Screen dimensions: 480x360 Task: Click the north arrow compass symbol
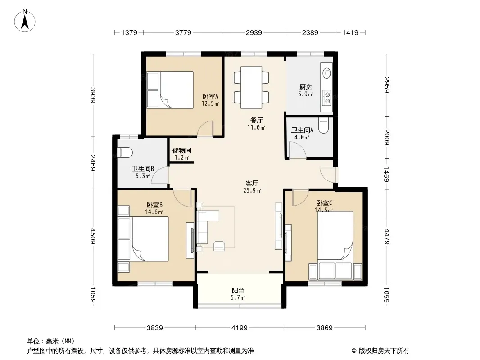click(25, 20)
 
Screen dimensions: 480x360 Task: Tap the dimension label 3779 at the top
click(183, 32)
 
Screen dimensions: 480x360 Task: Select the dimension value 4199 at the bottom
click(240, 328)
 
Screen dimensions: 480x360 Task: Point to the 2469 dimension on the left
click(93, 163)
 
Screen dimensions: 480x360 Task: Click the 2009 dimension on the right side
click(386, 137)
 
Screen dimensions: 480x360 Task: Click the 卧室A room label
click(210, 96)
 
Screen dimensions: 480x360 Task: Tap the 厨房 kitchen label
click(306, 87)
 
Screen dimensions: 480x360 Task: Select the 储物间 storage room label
click(182, 150)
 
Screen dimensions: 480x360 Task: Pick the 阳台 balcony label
click(238, 290)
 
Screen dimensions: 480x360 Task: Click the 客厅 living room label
click(252, 183)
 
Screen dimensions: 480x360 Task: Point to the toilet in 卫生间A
click(323, 126)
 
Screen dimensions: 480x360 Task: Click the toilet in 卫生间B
click(125, 152)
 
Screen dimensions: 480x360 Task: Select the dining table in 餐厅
click(251, 87)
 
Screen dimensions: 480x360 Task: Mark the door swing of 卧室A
click(205, 129)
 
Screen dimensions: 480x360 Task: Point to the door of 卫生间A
click(298, 151)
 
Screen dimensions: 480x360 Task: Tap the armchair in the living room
click(219, 246)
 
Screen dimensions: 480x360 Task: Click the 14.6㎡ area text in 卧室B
click(154, 212)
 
